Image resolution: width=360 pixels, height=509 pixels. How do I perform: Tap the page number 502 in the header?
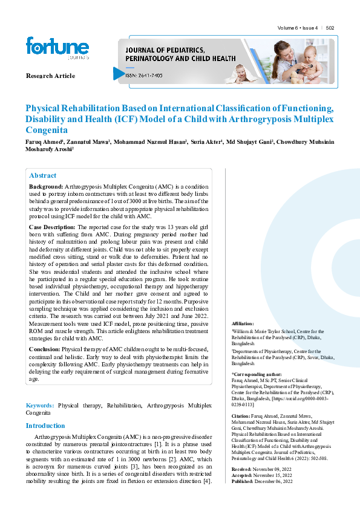coord(330,28)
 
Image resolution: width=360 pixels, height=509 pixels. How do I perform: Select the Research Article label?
coord(50,76)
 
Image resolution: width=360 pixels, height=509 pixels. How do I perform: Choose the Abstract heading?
coord(42,175)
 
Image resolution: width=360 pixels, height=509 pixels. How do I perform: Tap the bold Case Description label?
coord(52,226)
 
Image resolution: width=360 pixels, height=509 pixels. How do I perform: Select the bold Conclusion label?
coord(45,349)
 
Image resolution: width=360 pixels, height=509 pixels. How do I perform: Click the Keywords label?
coord(39,404)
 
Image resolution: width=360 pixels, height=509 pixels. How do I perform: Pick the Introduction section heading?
coord(45,426)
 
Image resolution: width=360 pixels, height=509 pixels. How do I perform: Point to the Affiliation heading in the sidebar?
coord(243,324)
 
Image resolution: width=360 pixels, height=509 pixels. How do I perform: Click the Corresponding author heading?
coord(257,375)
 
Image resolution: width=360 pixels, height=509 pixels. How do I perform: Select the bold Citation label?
coord(241,417)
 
